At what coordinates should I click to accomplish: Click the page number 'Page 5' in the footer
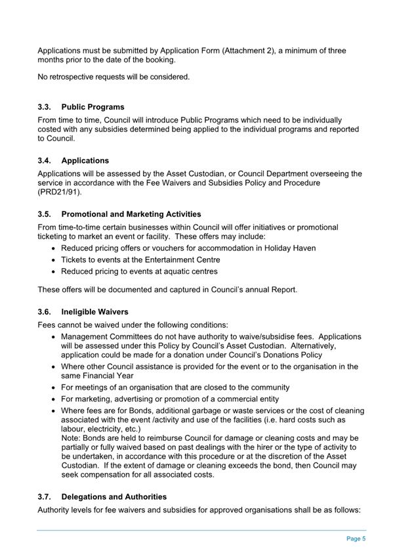pyautogui.click(x=355, y=538)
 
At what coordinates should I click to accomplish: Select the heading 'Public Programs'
pyautogui.click(x=93, y=106)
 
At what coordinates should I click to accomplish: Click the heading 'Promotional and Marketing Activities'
pyautogui.click(x=131, y=214)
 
